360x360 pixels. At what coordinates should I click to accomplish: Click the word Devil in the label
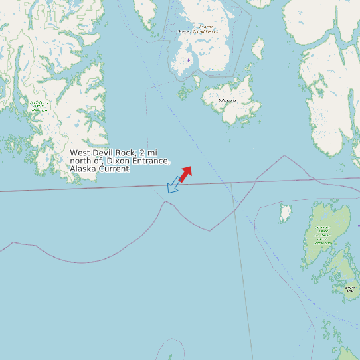[x=105, y=153]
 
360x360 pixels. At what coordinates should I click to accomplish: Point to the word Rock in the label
[x=128, y=153]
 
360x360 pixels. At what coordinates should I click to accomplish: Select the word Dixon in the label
[x=120, y=161]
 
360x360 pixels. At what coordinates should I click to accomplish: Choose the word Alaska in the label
[x=83, y=169]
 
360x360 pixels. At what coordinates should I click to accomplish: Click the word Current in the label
[x=114, y=169]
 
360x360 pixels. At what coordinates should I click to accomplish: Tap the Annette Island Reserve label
[x=198, y=29]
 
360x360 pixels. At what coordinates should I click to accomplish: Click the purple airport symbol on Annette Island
[x=188, y=60]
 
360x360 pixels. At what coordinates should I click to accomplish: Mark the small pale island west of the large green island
[x=286, y=213]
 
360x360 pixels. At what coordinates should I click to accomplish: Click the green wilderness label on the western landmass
[x=39, y=106]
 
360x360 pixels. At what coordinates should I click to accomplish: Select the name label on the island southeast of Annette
[x=227, y=100]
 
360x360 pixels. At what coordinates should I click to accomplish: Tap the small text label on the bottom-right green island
[x=349, y=288]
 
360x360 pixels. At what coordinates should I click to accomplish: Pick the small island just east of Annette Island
[x=258, y=48]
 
